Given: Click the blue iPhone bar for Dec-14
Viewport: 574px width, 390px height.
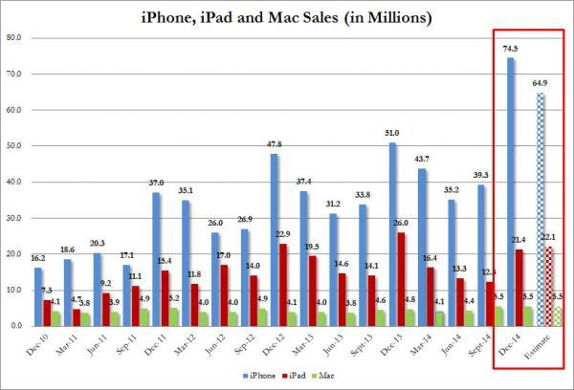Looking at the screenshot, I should point(510,191).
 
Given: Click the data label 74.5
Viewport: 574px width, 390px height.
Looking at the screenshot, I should point(510,49).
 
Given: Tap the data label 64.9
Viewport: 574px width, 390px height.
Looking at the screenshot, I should point(541,83).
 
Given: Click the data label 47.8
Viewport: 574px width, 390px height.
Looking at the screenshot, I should point(276,144).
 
